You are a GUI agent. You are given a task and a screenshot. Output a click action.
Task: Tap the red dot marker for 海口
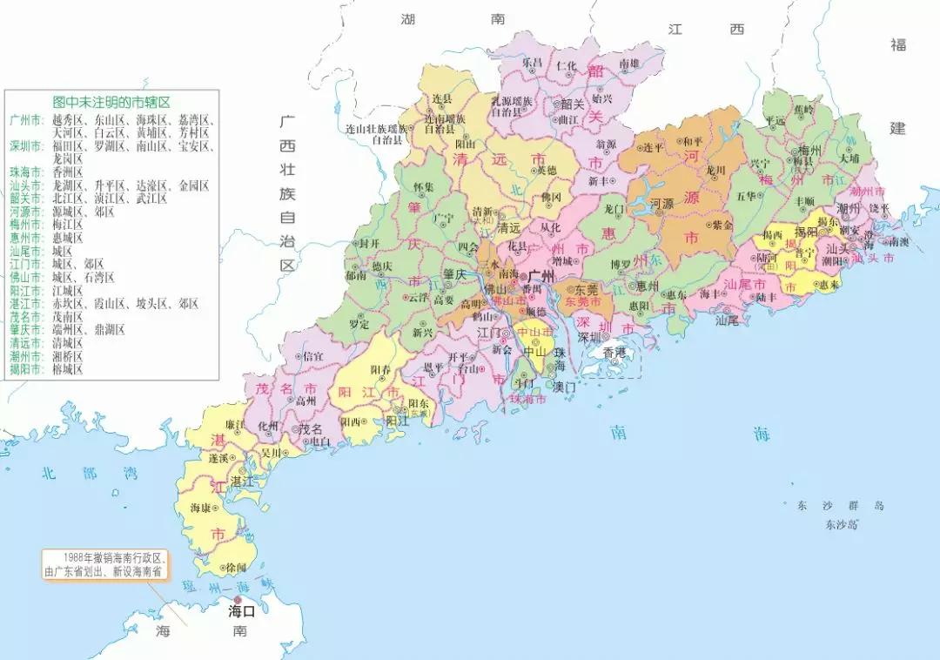click(235, 598)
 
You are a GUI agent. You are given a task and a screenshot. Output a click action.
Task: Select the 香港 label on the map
click(614, 353)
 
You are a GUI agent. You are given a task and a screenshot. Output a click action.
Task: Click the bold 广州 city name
click(540, 276)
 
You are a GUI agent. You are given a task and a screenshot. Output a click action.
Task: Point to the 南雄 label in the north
click(628, 64)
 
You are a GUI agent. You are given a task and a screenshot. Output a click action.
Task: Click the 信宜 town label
click(312, 355)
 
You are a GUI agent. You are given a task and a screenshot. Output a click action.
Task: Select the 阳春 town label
click(379, 370)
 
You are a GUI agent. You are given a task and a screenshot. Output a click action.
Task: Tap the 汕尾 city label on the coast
click(726, 320)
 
